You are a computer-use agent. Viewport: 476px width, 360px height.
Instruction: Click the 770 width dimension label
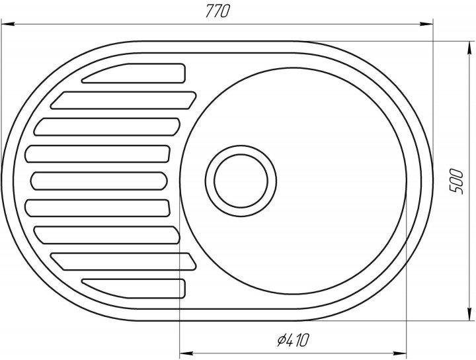218,11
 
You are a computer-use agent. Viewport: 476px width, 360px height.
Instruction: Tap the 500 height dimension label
457,181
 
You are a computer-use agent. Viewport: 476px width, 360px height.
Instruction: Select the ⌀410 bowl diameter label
293,340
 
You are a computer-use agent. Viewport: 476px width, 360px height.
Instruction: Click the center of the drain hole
241,181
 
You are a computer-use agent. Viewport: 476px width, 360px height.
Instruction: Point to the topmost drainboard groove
134,73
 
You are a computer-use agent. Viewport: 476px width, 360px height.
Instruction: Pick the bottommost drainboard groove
134,289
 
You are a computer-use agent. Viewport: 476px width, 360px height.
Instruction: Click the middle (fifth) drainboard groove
99,181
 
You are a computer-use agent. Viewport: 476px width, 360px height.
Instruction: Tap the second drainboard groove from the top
123,100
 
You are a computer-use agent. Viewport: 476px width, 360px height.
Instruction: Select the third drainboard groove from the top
107,126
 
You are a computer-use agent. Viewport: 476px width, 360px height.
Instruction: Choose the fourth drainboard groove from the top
97,154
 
